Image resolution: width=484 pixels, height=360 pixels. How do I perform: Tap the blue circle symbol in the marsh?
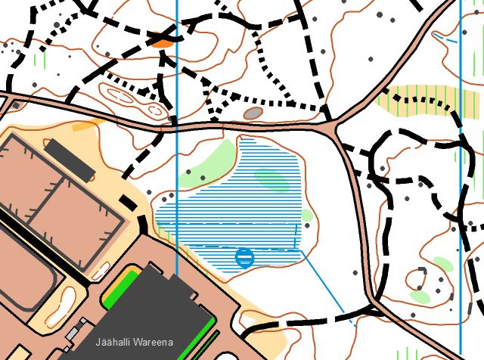(x=244, y=258)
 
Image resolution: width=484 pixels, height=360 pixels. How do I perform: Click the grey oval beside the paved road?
(x=253, y=113)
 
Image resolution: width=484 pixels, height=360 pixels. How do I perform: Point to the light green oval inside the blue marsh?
(x=271, y=180)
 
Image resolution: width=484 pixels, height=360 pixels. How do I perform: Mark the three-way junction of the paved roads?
(x=334, y=124)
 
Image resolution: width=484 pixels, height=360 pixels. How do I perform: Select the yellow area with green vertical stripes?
(x=416, y=99)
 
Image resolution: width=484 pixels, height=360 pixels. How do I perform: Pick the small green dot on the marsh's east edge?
(x=306, y=216)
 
